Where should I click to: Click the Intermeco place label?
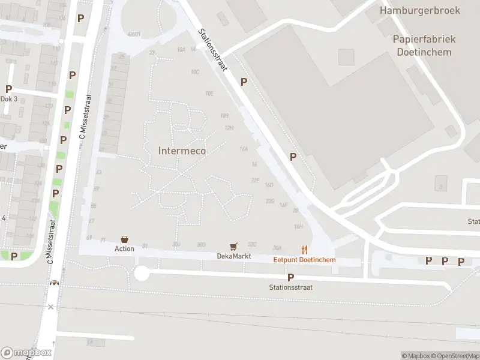tap(182, 151)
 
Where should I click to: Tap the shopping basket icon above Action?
tap(124, 239)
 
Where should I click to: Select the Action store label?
tap(124, 248)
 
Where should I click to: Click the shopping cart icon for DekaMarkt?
tap(233, 247)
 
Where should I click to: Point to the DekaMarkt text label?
tap(233, 256)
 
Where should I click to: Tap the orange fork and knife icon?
tap(304, 250)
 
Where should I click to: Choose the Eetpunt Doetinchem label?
tap(304, 260)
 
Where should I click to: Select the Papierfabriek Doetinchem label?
tap(424, 45)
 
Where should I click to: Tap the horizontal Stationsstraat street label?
tap(290, 287)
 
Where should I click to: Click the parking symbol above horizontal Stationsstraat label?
tap(290, 277)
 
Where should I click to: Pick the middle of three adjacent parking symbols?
tap(445, 261)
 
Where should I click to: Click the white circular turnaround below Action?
tap(142, 274)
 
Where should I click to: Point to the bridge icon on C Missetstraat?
tap(55, 283)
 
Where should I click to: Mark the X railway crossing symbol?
tap(51, 307)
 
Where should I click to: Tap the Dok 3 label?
tap(8, 99)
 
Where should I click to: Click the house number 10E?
tap(209, 93)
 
